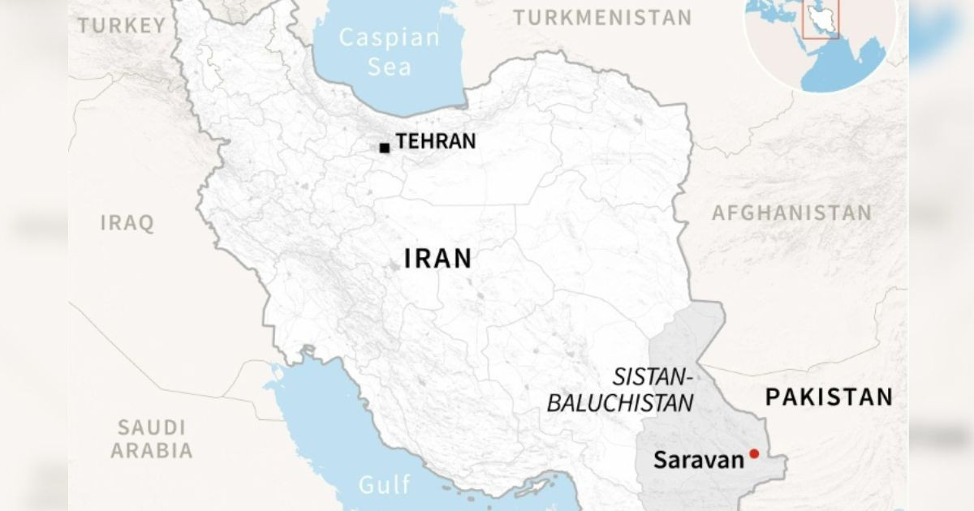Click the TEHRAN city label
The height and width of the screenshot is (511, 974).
pyautogui.click(x=436, y=141)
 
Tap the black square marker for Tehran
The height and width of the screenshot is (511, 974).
pyautogui.click(x=384, y=148)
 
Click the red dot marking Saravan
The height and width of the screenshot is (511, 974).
pyautogui.click(x=754, y=453)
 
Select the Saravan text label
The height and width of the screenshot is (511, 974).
pyautogui.click(x=698, y=461)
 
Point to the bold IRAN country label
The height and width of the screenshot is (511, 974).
pyautogui.click(x=437, y=259)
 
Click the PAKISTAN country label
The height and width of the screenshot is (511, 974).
pyautogui.click(x=829, y=397)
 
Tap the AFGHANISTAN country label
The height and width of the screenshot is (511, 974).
pyautogui.click(x=791, y=213)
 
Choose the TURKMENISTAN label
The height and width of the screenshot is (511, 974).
pyautogui.click(x=602, y=17)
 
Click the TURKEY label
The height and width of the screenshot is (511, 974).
pyautogui.click(x=122, y=26)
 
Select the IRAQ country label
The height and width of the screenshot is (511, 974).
pyautogui.click(x=127, y=223)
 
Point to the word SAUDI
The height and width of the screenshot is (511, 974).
pyautogui.click(x=152, y=427)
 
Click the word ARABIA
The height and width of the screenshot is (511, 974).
pyautogui.click(x=152, y=451)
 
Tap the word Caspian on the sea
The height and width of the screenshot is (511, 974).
pyautogui.click(x=390, y=38)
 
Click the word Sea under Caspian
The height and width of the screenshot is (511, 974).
pyautogui.click(x=390, y=67)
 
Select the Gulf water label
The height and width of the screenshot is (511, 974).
pyautogui.click(x=384, y=485)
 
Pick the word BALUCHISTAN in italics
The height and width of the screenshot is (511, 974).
pyautogui.click(x=620, y=403)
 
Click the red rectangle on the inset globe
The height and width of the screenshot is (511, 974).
pyautogui.click(x=820, y=19)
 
